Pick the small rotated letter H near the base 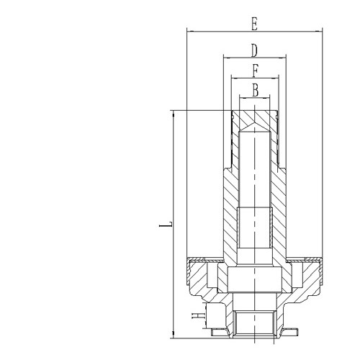coord(195,315)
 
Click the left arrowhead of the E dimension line coord(189,31)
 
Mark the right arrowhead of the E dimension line coord(319,31)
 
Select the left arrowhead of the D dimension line coord(225,58)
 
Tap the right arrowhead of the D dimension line coord(285,58)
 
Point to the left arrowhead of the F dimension coord(233,77)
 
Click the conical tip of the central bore coord(254,128)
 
